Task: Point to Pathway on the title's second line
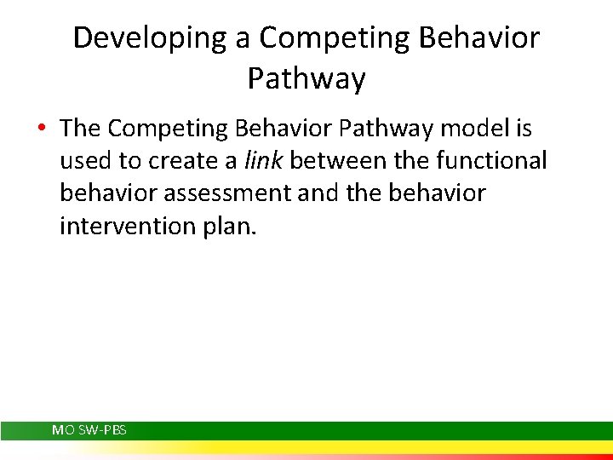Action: pyautogui.click(x=306, y=79)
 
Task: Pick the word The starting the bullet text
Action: pyautogui.click(x=81, y=129)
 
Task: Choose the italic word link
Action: pyautogui.click(x=262, y=161)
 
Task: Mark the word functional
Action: pyautogui.click(x=496, y=161)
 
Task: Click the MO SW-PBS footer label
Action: pyautogui.click(x=89, y=430)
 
